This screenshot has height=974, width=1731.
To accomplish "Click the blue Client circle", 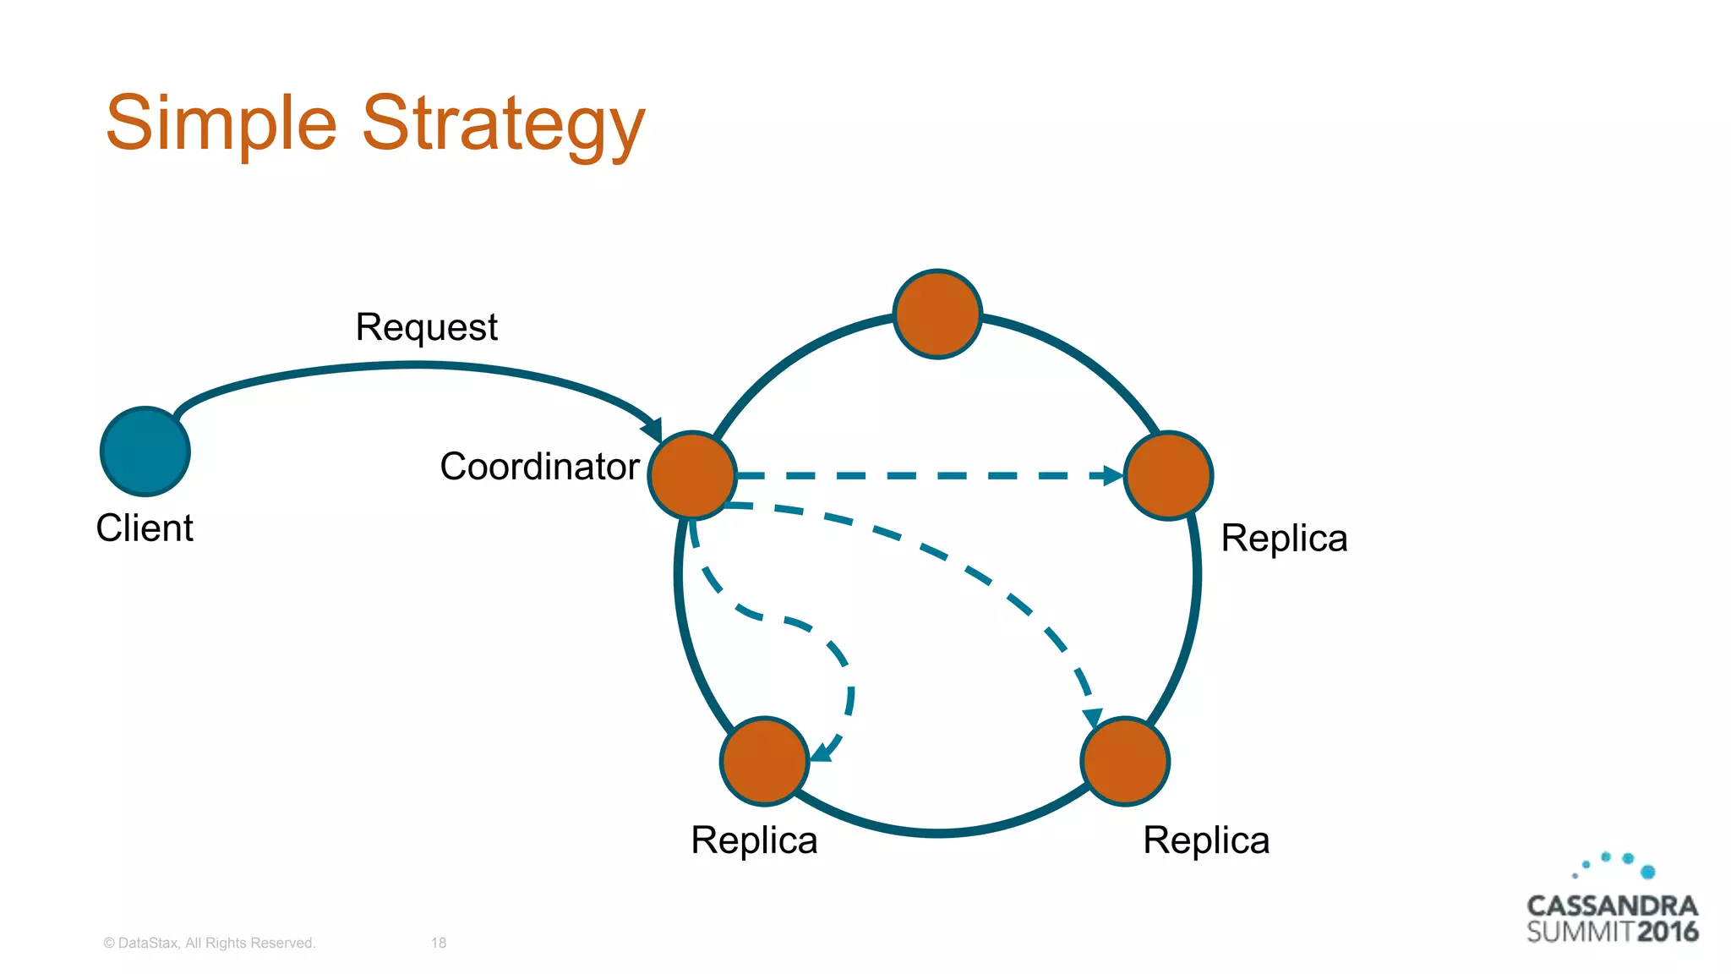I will (x=145, y=451).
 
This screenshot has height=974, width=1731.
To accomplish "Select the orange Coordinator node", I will (x=692, y=475).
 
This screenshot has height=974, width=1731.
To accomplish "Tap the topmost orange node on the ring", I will (x=937, y=315).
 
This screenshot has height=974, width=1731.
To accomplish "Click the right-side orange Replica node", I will (x=1168, y=475).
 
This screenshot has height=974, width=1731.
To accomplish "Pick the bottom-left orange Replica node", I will (x=765, y=761).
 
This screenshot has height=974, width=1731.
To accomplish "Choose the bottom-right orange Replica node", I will (x=1125, y=761).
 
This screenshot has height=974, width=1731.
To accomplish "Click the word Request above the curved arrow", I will (x=426, y=328).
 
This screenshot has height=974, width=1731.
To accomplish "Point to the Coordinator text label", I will (x=539, y=467).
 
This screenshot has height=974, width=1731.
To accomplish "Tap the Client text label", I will (x=145, y=528).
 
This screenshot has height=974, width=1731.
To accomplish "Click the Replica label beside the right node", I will (x=1284, y=539).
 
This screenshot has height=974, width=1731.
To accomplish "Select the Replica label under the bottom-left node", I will (x=754, y=840).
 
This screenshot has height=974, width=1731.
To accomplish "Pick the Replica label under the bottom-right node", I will (x=1206, y=840).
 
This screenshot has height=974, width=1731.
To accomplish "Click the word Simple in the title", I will (x=221, y=123).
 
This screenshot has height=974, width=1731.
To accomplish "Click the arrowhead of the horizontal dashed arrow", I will (x=1112, y=476).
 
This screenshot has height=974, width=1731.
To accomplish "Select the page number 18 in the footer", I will (x=439, y=943).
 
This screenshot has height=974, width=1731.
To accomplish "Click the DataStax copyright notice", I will (x=209, y=943).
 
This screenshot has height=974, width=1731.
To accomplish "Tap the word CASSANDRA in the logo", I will (x=1612, y=906).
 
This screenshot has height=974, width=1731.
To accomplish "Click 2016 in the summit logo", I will (x=1667, y=933).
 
